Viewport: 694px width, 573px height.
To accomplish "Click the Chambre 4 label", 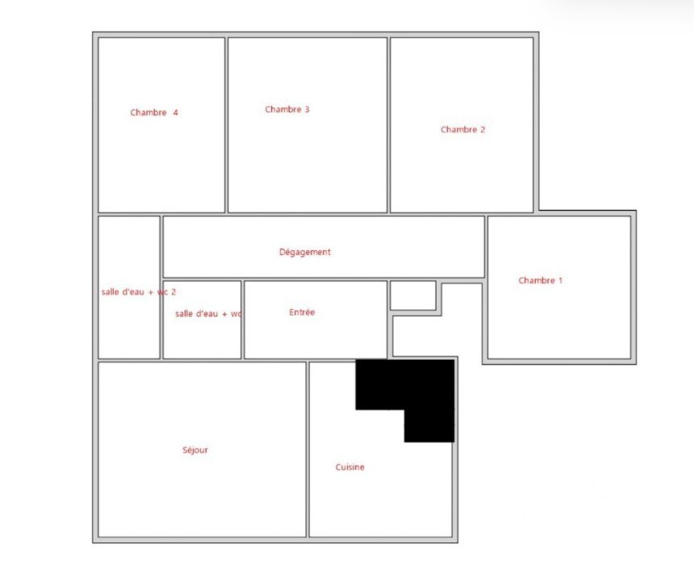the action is [154, 112].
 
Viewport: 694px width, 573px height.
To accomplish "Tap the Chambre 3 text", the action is [287, 109].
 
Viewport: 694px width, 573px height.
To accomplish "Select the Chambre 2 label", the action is [463, 130].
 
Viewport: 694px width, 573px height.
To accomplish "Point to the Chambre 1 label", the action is [541, 281].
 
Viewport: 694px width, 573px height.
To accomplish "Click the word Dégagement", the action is [305, 253].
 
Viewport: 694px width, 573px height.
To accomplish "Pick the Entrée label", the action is [302, 312].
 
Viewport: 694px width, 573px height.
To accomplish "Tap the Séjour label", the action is [195, 450].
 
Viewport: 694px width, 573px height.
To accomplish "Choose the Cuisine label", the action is [349, 467].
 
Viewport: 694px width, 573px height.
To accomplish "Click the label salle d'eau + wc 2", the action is [139, 292].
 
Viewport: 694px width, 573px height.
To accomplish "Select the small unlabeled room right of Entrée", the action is [413, 295].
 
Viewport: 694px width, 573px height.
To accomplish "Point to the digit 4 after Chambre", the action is [175, 112].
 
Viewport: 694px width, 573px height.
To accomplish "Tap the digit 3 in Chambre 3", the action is [307, 109].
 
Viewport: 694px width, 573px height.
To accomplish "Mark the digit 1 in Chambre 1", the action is [560, 281].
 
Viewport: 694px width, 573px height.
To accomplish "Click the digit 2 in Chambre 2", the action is [483, 130].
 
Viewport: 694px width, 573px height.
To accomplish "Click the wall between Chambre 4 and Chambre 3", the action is [226, 125].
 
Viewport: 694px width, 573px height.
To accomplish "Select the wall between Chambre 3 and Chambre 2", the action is [389, 125].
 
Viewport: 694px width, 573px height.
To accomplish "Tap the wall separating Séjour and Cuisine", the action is [307, 450].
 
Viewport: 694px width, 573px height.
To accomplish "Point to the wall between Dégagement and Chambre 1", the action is [486, 247].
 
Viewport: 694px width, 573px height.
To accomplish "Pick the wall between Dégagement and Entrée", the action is [316, 279].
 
